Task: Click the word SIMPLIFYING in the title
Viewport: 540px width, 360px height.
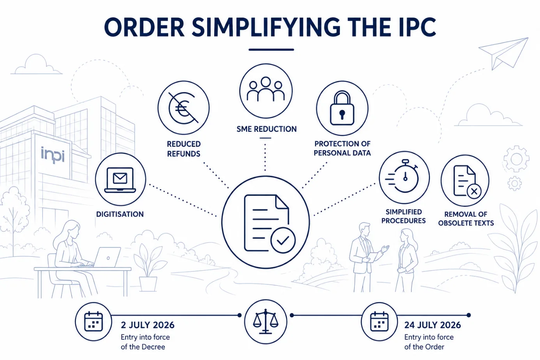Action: tap(266, 27)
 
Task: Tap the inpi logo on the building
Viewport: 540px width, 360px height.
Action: tap(53, 155)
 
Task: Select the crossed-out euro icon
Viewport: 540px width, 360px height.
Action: tap(184, 108)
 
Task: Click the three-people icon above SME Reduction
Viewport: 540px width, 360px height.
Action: tap(266, 89)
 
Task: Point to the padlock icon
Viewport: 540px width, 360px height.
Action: tap(342, 108)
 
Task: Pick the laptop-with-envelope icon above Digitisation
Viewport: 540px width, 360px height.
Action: tap(120, 180)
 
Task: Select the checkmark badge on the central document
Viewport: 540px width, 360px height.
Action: tap(283, 240)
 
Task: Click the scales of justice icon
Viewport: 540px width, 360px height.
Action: tap(266, 321)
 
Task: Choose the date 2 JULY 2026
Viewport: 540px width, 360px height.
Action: tap(147, 325)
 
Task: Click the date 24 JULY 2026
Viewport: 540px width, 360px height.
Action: tap(432, 325)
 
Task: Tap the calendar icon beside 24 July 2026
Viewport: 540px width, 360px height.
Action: tap(379, 321)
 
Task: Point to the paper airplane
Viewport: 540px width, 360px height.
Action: tap(503, 53)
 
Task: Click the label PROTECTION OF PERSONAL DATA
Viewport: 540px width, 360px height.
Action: tap(342, 148)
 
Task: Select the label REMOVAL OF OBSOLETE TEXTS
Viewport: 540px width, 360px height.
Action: tap(466, 219)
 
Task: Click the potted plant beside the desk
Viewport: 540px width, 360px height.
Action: tap(149, 266)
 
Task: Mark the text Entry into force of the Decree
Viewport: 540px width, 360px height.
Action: tap(145, 342)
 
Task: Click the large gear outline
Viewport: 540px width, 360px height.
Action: tap(516, 159)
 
